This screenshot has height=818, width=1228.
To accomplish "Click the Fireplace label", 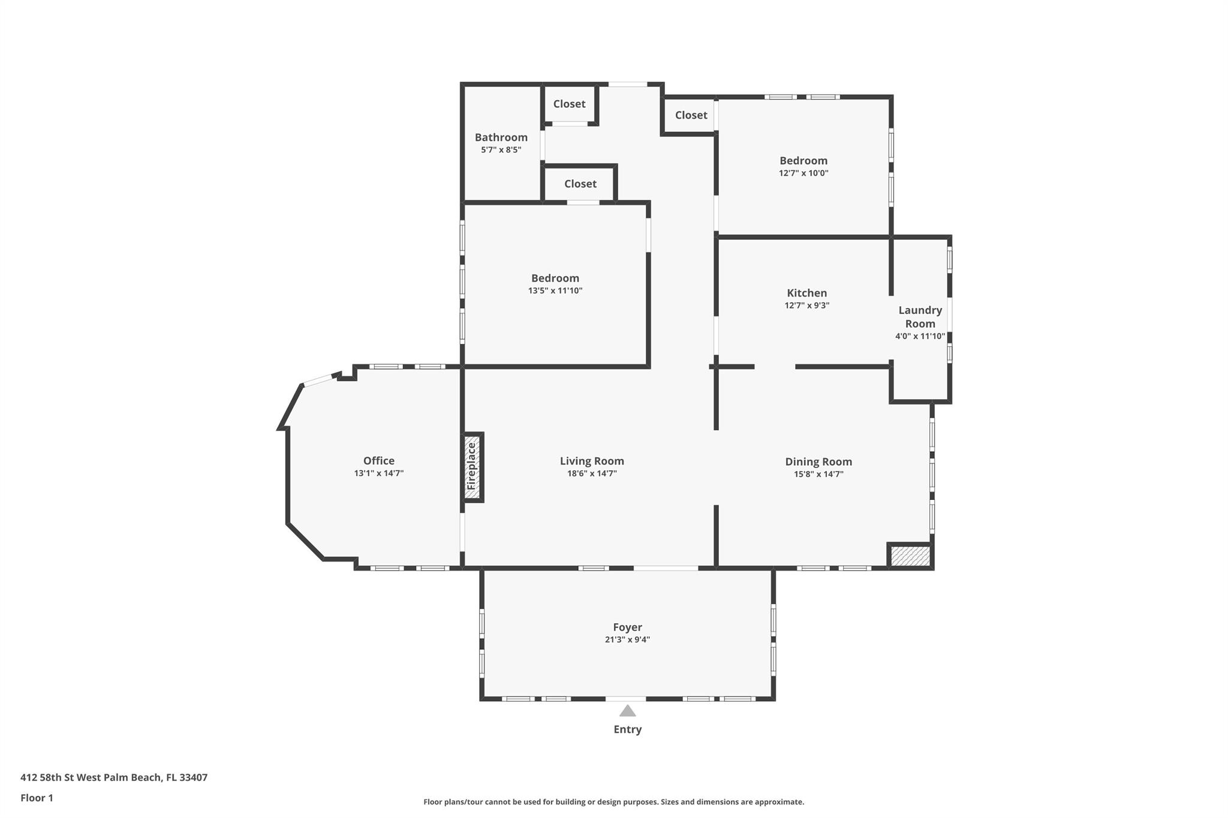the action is click(x=472, y=466).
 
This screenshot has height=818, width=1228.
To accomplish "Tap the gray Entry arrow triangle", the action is click(x=627, y=711).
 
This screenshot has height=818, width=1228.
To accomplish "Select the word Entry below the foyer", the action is click(x=627, y=729).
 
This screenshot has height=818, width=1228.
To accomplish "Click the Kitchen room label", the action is click(x=806, y=293).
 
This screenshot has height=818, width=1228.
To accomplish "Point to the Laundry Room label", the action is click(x=920, y=317).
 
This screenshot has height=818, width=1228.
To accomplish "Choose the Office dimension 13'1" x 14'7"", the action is click(x=379, y=473).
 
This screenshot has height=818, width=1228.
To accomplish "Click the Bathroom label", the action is click(x=501, y=137).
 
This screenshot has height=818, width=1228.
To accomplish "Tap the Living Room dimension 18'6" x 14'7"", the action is click(x=592, y=473).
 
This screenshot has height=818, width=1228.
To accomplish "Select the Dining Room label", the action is click(x=818, y=462).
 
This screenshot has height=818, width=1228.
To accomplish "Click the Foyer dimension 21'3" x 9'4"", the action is click(x=627, y=639).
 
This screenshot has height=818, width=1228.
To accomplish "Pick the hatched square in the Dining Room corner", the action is click(x=910, y=556).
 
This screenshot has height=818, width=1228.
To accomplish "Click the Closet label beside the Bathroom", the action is click(x=569, y=104).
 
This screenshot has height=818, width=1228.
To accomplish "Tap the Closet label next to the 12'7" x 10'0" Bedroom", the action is click(x=691, y=115).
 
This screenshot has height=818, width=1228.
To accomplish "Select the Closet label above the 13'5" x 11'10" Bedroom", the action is click(x=580, y=184).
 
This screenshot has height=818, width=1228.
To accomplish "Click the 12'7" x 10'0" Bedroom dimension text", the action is click(x=803, y=173).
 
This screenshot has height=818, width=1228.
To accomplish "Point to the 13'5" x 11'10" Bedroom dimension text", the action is click(x=555, y=291).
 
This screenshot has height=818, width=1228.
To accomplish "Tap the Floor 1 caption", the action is click(x=37, y=798).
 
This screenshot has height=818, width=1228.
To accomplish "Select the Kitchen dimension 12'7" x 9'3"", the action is click(x=806, y=306).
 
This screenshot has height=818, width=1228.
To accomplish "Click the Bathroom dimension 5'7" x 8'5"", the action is click(x=501, y=150).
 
